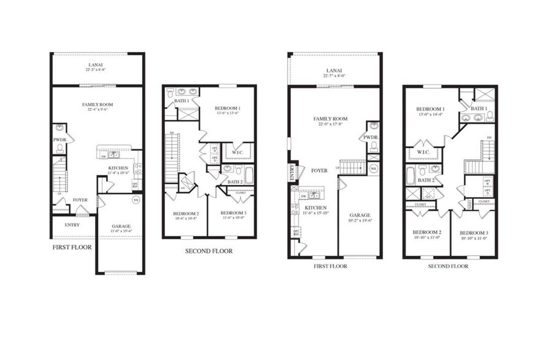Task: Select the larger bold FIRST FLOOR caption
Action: point(72,248)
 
